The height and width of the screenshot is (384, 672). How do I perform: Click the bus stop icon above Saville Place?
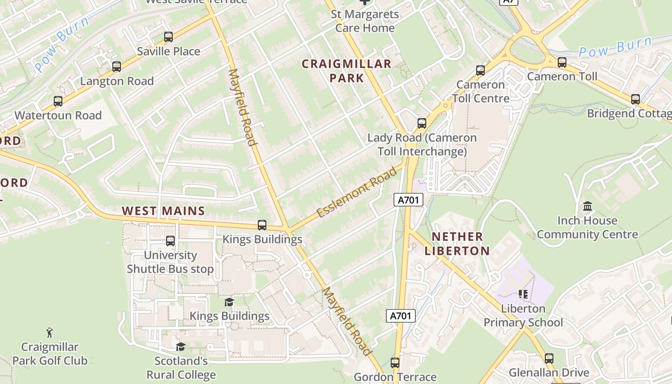tap(168, 37)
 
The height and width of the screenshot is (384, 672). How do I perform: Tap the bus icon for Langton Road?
tap(117, 67)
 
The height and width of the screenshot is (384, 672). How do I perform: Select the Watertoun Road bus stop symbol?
tap(58, 101)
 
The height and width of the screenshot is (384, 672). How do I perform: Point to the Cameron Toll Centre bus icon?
tap(480, 71)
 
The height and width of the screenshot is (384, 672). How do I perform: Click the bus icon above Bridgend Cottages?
tap(636, 99)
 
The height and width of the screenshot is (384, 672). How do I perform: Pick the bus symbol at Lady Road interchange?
tap(422, 123)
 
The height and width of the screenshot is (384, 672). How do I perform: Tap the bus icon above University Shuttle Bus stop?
tap(170, 241)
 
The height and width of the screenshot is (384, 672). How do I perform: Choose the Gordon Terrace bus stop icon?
tap(395, 363)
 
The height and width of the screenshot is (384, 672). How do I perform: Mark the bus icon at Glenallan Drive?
tap(549, 359)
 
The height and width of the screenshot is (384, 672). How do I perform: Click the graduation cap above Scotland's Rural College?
tap(180, 347)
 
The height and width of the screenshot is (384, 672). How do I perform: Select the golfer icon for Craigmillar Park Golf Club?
tap(49, 332)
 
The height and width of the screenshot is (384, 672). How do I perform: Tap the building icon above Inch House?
tap(587, 206)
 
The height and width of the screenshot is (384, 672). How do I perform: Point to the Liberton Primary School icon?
tap(523, 294)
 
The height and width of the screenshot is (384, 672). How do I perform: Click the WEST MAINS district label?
tap(163, 211)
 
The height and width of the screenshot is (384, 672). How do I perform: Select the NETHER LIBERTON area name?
tap(460, 243)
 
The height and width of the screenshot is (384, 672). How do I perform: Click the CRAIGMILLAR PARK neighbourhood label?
tap(347, 71)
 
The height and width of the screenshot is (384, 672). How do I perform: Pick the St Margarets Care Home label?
tap(365, 21)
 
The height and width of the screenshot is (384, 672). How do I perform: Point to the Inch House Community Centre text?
tap(587, 228)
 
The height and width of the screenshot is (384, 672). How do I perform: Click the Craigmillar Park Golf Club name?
tap(50, 354)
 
